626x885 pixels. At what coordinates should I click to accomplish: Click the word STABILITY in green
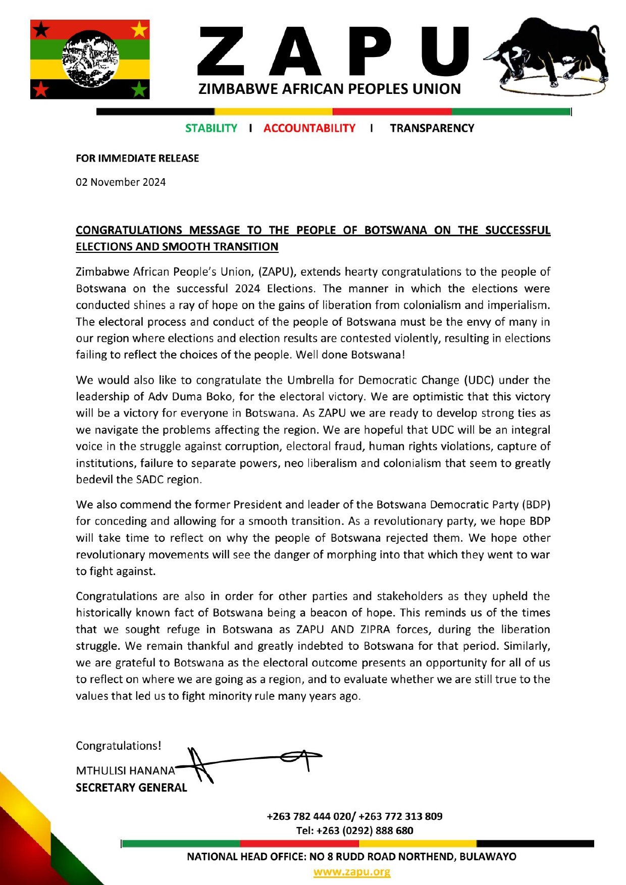[x=211, y=128]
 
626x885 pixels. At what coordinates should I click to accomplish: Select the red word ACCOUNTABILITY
[x=309, y=128]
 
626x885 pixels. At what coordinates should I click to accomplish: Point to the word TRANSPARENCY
[x=432, y=128]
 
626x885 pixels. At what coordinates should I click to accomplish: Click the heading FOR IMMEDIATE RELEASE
[x=137, y=159]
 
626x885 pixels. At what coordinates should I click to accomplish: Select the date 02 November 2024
[x=121, y=182]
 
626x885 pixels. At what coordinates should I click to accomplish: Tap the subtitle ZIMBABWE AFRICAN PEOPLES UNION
[x=330, y=89]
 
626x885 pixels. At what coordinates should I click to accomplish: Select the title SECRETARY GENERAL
[x=131, y=788]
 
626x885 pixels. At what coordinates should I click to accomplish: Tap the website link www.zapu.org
[x=352, y=872]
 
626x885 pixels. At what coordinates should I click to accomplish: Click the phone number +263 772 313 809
[x=400, y=816]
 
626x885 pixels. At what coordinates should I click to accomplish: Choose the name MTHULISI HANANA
[x=125, y=771]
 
